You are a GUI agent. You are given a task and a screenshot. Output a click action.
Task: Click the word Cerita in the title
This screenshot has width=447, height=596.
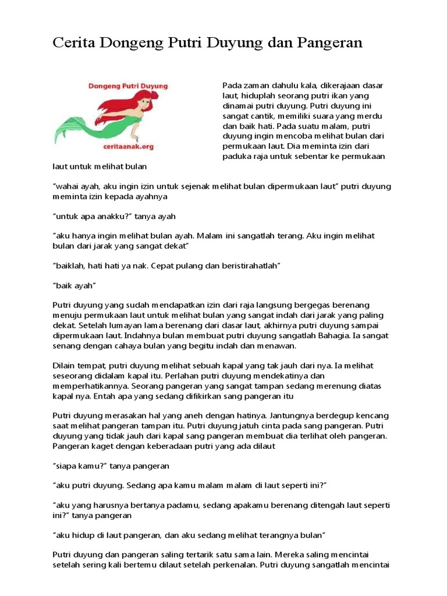[73, 42]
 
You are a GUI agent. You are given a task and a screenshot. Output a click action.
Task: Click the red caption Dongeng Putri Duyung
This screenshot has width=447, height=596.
[128, 86]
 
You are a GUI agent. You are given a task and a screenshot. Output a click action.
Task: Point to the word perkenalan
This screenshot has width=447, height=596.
[233, 565]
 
